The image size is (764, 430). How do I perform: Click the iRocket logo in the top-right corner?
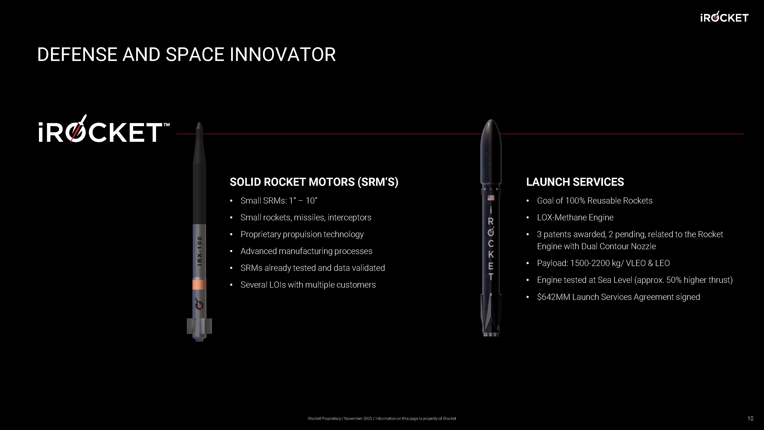pos(724,17)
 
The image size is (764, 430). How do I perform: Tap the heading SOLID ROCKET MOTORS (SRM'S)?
pos(314,182)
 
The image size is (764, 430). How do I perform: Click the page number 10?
pos(750,418)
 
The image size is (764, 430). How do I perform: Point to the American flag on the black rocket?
pos(491,198)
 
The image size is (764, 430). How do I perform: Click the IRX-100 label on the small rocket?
pos(200,251)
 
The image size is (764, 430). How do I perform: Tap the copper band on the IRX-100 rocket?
pos(199,285)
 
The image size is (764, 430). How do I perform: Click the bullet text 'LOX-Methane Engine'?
pos(575,217)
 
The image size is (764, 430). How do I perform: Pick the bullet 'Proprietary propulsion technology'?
pos(302,234)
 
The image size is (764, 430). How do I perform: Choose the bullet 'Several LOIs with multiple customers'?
pos(308,285)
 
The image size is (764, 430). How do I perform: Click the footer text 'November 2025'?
pos(358,418)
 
